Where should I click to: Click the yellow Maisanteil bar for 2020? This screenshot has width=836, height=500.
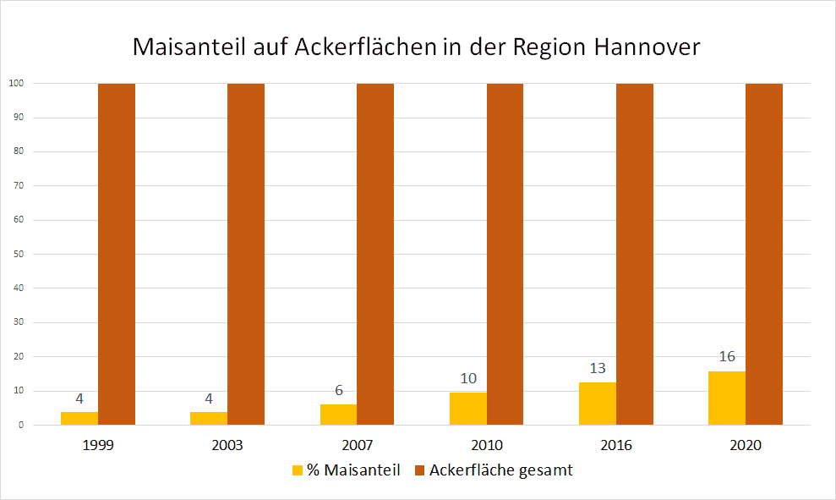[727, 398]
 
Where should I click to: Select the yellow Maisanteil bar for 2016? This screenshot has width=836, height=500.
[598, 404]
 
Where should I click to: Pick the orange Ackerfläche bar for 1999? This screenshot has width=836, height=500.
[117, 254]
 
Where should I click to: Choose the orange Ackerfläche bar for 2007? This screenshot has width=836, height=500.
[375, 254]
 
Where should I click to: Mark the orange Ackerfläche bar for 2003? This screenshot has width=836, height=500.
[246, 254]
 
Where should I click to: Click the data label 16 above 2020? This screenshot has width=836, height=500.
[727, 357]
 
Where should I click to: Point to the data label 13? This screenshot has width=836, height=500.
[598, 368]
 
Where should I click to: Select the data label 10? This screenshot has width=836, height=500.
[467, 378]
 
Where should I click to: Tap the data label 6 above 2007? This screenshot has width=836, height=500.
[338, 391]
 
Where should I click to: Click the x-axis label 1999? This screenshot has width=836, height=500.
[99, 445]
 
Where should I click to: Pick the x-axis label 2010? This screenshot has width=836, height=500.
[487, 445]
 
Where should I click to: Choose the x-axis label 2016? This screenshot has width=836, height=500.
[616, 445]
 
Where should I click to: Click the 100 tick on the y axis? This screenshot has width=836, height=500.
[15, 83]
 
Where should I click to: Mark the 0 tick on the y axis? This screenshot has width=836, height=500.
[19, 425]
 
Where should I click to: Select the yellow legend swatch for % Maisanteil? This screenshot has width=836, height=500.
[297, 470]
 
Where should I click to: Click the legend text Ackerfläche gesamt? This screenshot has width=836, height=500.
[500, 470]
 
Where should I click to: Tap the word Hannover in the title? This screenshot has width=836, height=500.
[647, 47]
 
